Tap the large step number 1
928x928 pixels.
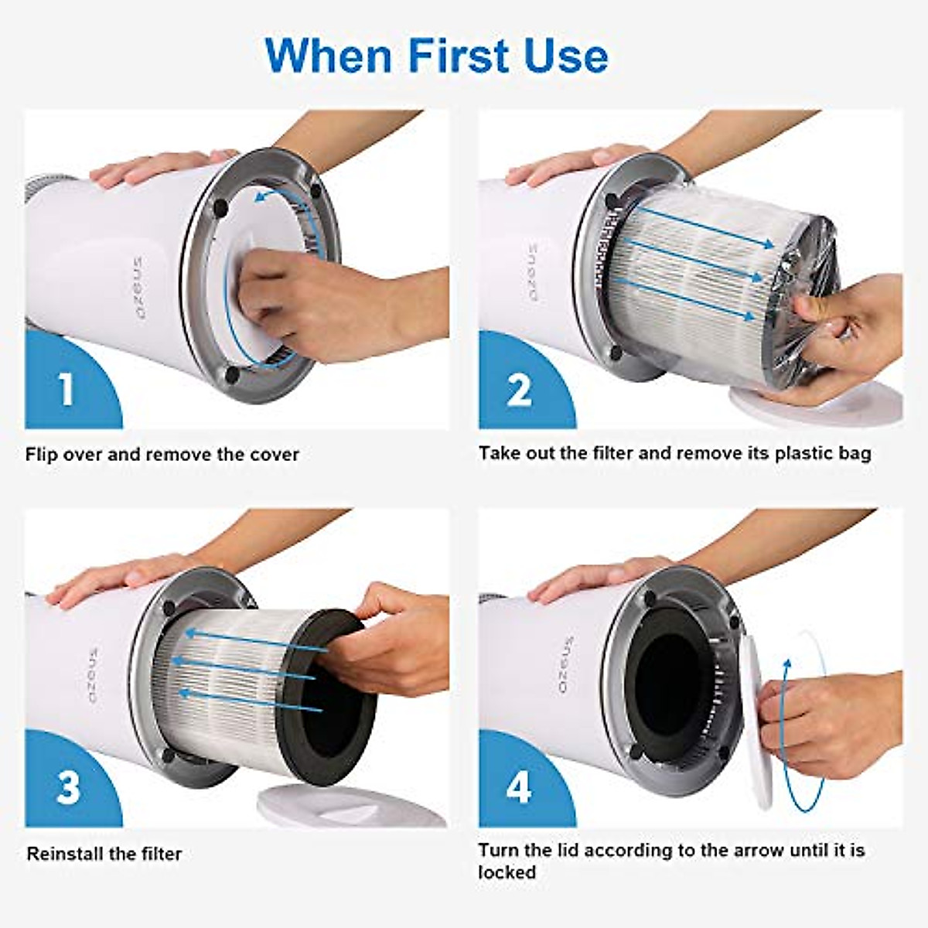pos(67,387)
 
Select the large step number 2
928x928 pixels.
pos(519,389)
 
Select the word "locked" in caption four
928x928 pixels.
pos(507,872)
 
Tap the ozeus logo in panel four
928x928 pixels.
pos(566,666)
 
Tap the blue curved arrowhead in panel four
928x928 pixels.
pos(787,665)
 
